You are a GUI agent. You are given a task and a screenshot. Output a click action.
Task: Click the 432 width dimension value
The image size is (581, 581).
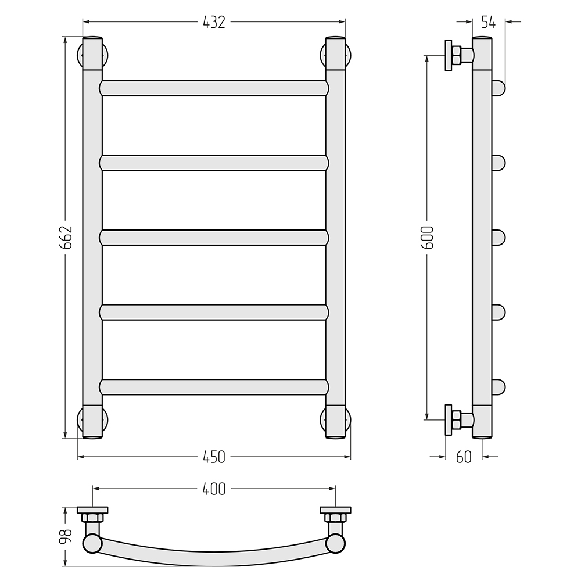pyautogui.click(x=214, y=22)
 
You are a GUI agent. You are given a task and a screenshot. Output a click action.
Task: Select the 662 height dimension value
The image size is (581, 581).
pyautogui.click(x=67, y=237)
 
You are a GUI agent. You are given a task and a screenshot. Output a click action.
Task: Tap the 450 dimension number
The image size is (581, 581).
pyautogui.click(x=214, y=457)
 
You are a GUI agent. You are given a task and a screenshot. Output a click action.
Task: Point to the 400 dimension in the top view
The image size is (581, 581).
pyautogui.click(x=214, y=489)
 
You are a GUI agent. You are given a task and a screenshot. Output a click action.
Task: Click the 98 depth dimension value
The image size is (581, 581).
pyautogui.click(x=67, y=536)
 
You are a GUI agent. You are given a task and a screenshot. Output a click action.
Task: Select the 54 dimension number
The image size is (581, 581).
pyautogui.click(x=489, y=22)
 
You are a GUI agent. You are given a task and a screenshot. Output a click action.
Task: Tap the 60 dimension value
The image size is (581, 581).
pyautogui.click(x=464, y=457)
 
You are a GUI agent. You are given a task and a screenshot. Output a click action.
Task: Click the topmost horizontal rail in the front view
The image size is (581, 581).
pyautogui.click(x=214, y=88)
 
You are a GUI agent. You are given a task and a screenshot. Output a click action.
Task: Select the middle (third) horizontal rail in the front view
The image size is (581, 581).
pyautogui.click(x=214, y=238)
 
